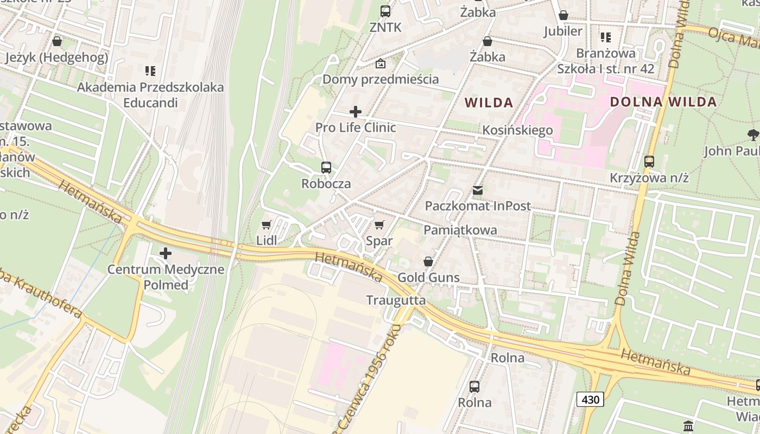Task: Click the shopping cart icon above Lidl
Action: coord(266,225)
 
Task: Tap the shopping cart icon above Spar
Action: coord(379,225)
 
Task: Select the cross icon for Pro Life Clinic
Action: coord(356,112)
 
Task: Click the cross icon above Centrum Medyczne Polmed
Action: coord(166,253)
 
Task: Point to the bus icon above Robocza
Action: coord(326,168)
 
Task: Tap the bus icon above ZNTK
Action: coord(385,11)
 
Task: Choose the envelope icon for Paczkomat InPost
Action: coord(478,190)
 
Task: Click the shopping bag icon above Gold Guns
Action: coord(428,262)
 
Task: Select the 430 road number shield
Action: coord(590,400)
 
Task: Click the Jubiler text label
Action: coord(563,31)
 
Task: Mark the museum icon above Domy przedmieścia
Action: coord(381,63)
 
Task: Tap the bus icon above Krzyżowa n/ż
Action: coord(649,162)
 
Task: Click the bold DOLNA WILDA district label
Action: coord(663,102)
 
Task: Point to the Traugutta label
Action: coord(396,300)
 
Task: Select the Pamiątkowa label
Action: coord(460,229)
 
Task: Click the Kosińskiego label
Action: coord(517,130)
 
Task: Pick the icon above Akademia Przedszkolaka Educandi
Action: coord(150,71)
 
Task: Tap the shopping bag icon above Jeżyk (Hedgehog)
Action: coord(57,41)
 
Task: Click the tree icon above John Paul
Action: coord(753,135)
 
